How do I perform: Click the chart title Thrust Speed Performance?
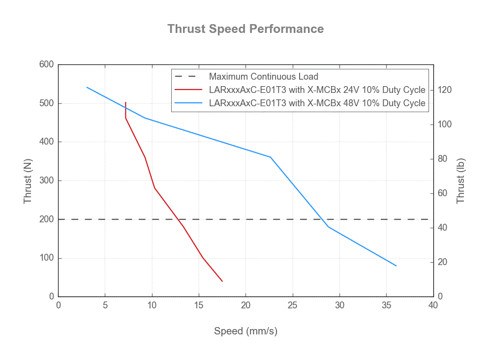pos(245,29)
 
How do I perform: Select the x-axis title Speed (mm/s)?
pos(245,331)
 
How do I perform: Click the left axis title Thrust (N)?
pos(28,181)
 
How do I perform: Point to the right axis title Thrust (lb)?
pos(460,181)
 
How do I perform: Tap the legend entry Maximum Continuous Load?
pos(263,77)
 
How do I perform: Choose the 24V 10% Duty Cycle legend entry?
pos(317,90)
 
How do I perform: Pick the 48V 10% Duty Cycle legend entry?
pos(317,103)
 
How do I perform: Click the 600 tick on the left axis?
pos(47,64)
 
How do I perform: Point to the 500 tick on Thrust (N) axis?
pos(47,103)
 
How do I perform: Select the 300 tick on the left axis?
pos(47,180)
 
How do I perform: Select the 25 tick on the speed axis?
pos(293,305)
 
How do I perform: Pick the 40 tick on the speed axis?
pos(433,305)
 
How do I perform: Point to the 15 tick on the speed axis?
pos(199,305)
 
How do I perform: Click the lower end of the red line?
pos(222,281)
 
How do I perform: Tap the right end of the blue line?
pos(396,266)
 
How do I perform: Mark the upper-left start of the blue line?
pos(87,87)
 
